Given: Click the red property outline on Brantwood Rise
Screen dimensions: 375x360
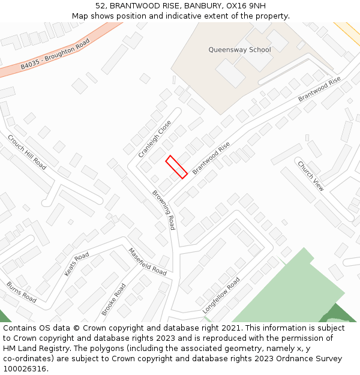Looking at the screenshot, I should [x=176, y=166].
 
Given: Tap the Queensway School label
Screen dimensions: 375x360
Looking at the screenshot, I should [x=239, y=50].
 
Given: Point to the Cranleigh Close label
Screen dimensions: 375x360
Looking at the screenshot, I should [x=155, y=139].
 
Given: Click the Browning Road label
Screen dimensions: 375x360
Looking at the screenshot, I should [x=163, y=210].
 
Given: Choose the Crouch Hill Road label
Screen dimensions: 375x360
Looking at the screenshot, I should [x=27, y=152].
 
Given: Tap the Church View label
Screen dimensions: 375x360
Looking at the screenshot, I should [x=311, y=176].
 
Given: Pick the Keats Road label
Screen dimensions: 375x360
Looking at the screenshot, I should [x=76, y=264].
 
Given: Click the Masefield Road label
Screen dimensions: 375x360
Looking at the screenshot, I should [x=147, y=262].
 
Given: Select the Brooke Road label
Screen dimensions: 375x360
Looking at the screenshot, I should [x=113, y=299].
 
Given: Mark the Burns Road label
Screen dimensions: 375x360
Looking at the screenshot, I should [x=21, y=291].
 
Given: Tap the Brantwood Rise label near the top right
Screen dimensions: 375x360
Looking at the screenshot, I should [x=319, y=88].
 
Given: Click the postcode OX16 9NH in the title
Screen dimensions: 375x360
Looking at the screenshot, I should [x=249, y=5].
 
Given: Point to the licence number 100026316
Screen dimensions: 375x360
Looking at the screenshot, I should [x=25, y=369].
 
